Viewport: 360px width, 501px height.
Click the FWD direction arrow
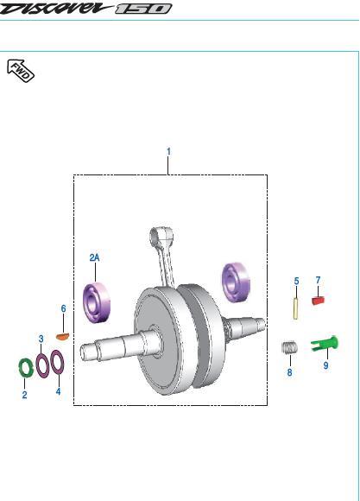(21, 71)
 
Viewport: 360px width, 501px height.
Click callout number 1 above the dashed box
(168, 151)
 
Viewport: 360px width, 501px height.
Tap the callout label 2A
(95, 257)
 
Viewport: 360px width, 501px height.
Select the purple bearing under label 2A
(97, 302)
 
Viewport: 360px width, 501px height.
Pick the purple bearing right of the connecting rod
(236, 282)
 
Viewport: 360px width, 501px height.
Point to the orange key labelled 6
(63, 337)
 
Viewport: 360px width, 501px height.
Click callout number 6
(63, 308)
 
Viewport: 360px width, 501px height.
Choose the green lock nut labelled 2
(26, 368)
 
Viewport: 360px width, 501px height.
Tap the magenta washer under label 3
(42, 366)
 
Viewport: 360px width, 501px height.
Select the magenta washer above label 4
(57, 362)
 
